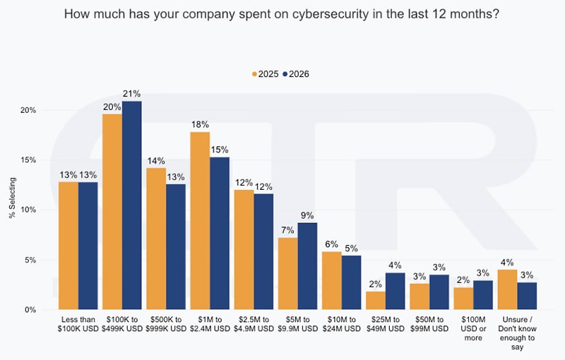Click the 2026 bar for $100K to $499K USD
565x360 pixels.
132,205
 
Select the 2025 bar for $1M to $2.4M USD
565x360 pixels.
200,221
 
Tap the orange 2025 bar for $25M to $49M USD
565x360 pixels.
376,301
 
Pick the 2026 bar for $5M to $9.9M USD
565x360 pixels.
307,266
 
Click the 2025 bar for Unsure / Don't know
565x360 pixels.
507,289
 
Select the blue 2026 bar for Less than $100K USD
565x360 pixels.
88,246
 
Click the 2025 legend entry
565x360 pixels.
266,74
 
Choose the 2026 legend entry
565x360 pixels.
296,74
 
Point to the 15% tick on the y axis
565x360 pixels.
28,160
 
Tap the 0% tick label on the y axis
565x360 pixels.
30,310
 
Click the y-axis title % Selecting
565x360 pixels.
12,198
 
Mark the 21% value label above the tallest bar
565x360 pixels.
131,94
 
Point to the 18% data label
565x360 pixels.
200,124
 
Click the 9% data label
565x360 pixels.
307,215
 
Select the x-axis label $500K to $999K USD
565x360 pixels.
166,324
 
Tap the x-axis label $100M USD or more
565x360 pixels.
473,329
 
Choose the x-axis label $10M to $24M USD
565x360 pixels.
342,324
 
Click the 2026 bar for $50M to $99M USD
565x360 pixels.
439,292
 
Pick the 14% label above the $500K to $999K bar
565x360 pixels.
156,160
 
